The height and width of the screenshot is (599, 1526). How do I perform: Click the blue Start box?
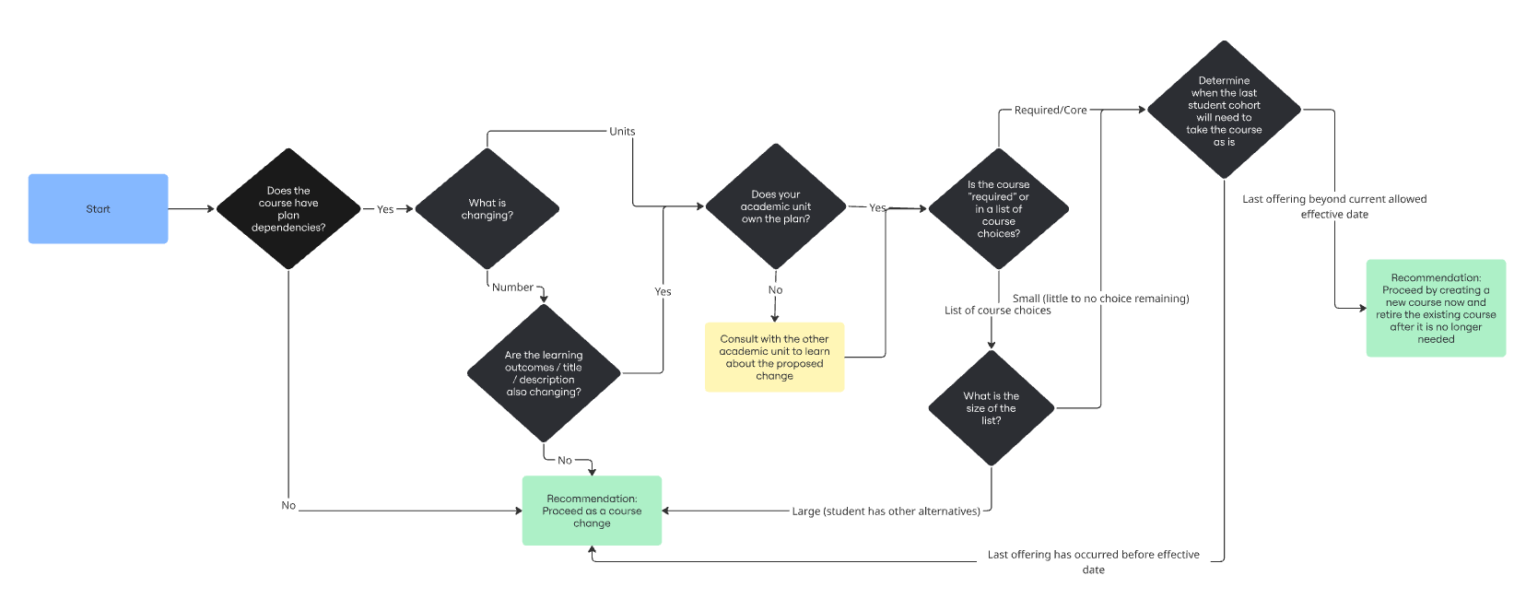98,209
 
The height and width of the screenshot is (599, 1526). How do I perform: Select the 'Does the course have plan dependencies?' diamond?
288,209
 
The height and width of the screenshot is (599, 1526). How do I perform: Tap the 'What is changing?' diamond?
487,209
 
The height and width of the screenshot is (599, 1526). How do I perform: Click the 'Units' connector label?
622,131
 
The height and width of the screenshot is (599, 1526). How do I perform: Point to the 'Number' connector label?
512,288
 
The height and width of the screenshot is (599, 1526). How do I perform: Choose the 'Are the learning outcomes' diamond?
544,373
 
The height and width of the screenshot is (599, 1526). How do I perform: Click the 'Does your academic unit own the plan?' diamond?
775,207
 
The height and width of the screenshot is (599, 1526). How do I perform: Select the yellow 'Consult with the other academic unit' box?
774,358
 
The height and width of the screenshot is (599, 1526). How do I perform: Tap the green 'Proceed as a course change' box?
592,511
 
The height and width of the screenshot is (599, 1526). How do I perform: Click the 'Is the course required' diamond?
998,209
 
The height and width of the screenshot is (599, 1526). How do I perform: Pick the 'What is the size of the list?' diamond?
991,408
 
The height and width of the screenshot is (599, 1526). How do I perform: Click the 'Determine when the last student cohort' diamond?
1224,111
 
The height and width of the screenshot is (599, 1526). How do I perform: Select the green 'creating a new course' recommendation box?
1436,308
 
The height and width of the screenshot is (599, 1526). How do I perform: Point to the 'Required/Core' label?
1051,110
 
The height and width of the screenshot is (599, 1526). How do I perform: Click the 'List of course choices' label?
997,311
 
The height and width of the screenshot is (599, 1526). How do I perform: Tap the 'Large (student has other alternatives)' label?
886,511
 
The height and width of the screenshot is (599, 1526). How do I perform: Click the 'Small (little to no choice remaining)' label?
1100,299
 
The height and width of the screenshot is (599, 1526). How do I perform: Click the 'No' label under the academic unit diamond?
775,290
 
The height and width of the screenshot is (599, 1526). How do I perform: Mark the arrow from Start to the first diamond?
192,209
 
